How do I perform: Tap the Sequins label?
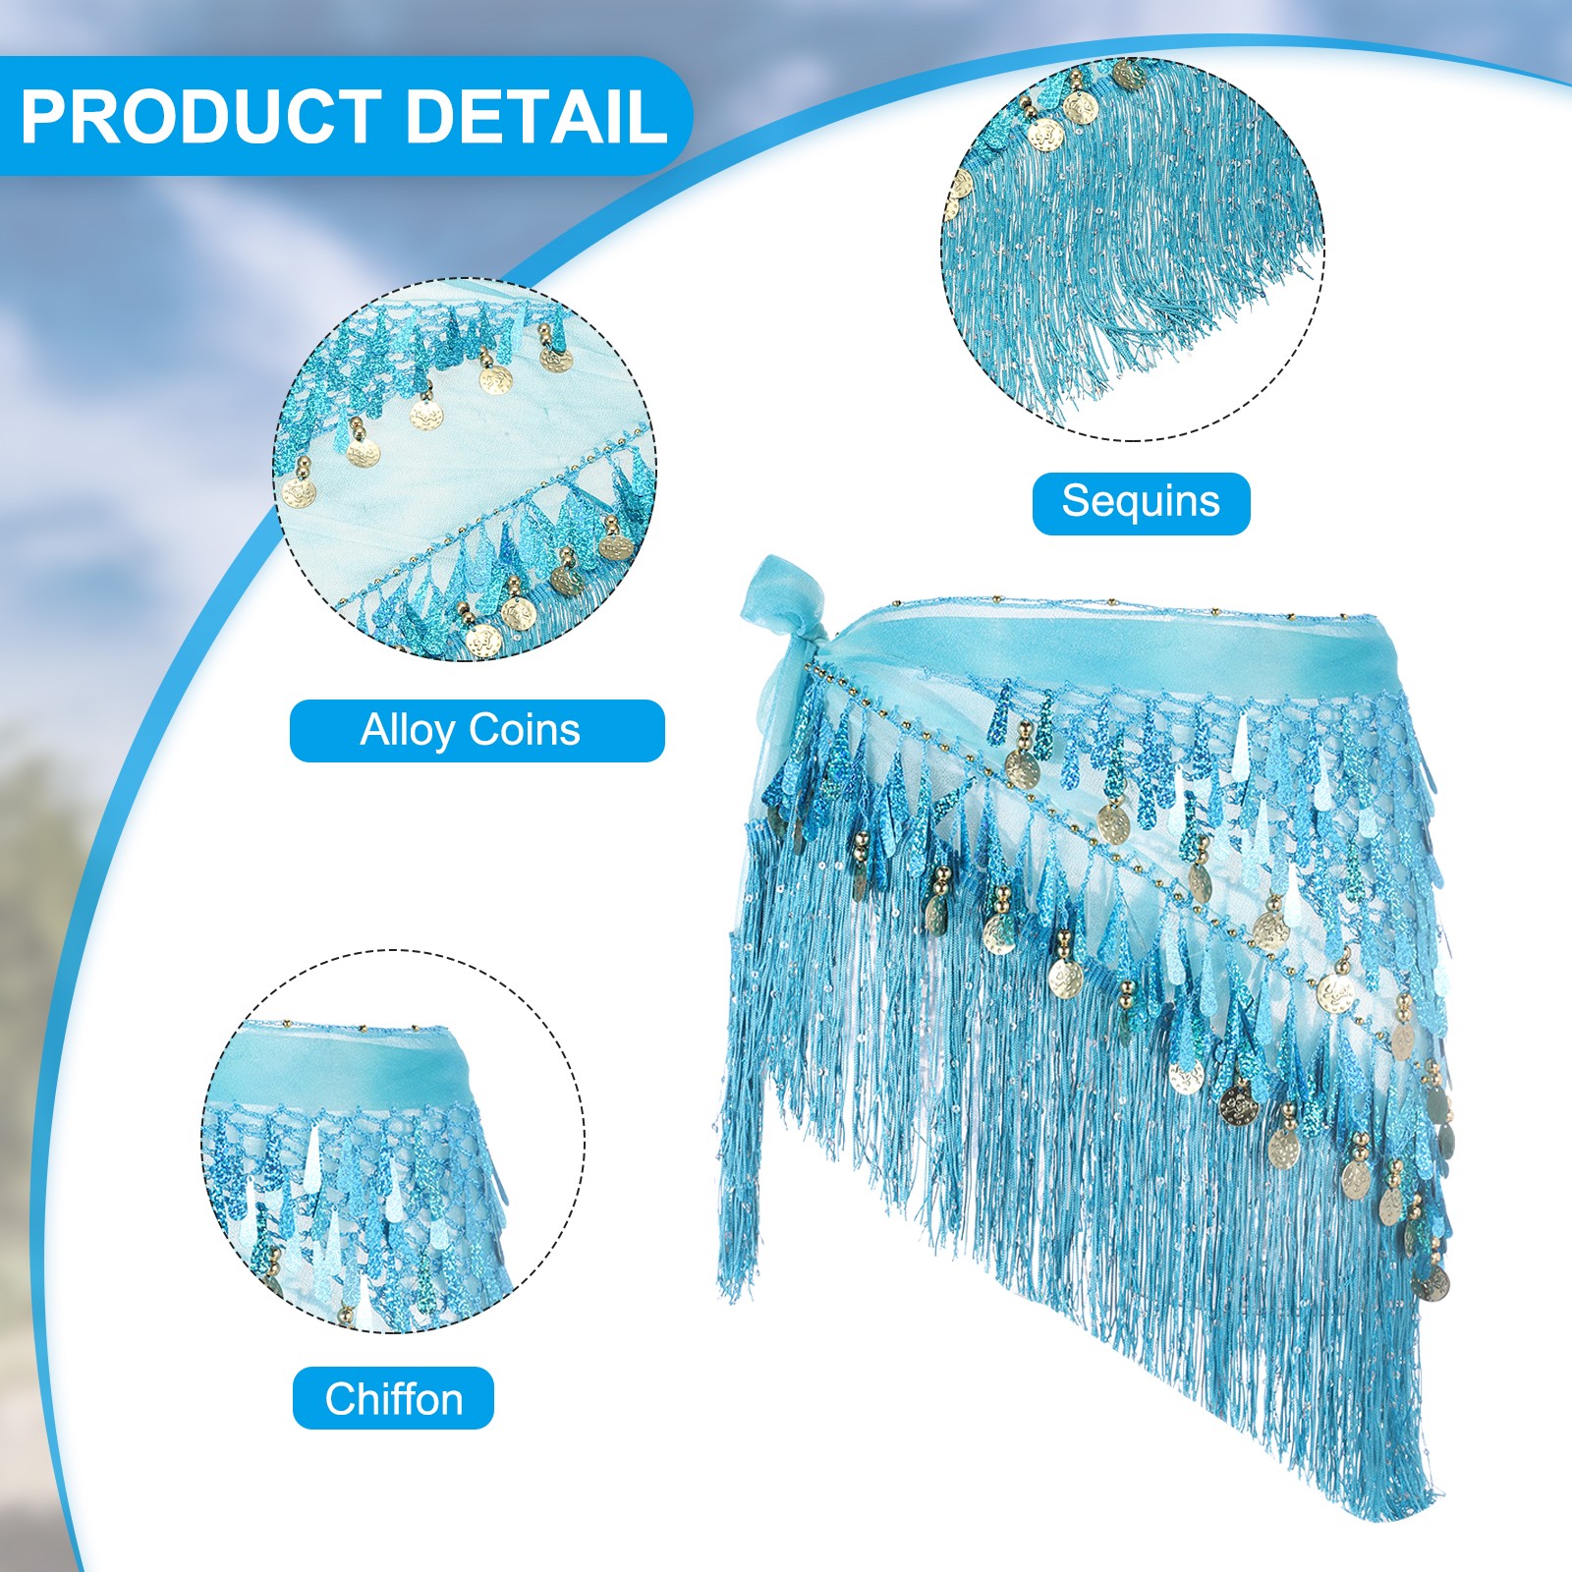1141,503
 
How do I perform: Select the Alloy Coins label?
477,730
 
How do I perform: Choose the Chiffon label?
393,1398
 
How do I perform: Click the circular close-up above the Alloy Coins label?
464,469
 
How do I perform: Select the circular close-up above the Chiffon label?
393,1141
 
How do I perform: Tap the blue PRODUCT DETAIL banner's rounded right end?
678,116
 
